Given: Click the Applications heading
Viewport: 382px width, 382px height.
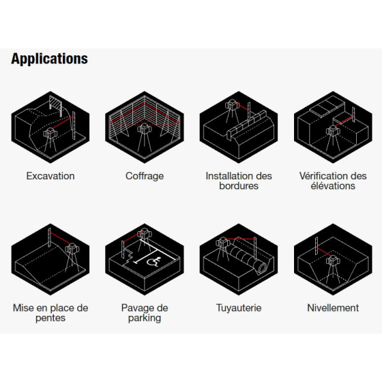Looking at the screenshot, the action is [x=49, y=59].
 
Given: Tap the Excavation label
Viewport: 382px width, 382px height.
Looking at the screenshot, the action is [x=50, y=176].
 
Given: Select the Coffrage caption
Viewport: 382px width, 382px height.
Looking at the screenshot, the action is [x=145, y=177].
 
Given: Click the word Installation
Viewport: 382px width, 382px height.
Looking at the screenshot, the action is [x=225, y=176].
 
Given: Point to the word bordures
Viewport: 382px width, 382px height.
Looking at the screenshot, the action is [x=239, y=186].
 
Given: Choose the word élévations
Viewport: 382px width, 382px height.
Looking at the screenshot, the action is [x=333, y=186].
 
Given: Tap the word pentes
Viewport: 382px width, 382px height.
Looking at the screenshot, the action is [x=50, y=318].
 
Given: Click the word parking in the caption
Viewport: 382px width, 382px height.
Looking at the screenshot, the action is [x=145, y=319].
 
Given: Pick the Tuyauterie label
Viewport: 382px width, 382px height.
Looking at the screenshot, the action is [x=239, y=308].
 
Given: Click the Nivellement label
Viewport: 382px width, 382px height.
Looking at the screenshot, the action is [x=333, y=308].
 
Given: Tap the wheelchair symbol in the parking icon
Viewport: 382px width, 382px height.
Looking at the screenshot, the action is [x=153, y=262].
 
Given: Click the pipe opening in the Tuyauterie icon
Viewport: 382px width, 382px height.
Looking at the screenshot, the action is [x=263, y=268].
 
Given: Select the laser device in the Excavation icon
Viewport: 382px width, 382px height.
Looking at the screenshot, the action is [x=50, y=133].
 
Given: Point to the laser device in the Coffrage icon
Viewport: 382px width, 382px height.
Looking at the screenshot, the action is [x=144, y=128].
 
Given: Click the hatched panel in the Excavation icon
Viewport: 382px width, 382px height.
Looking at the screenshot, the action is [x=55, y=102].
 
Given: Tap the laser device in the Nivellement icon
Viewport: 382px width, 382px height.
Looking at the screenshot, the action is [x=333, y=261].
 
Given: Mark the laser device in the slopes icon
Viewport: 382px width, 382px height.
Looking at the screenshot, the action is [x=72, y=249].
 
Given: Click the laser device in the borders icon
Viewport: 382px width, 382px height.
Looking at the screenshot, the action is [x=232, y=105].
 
